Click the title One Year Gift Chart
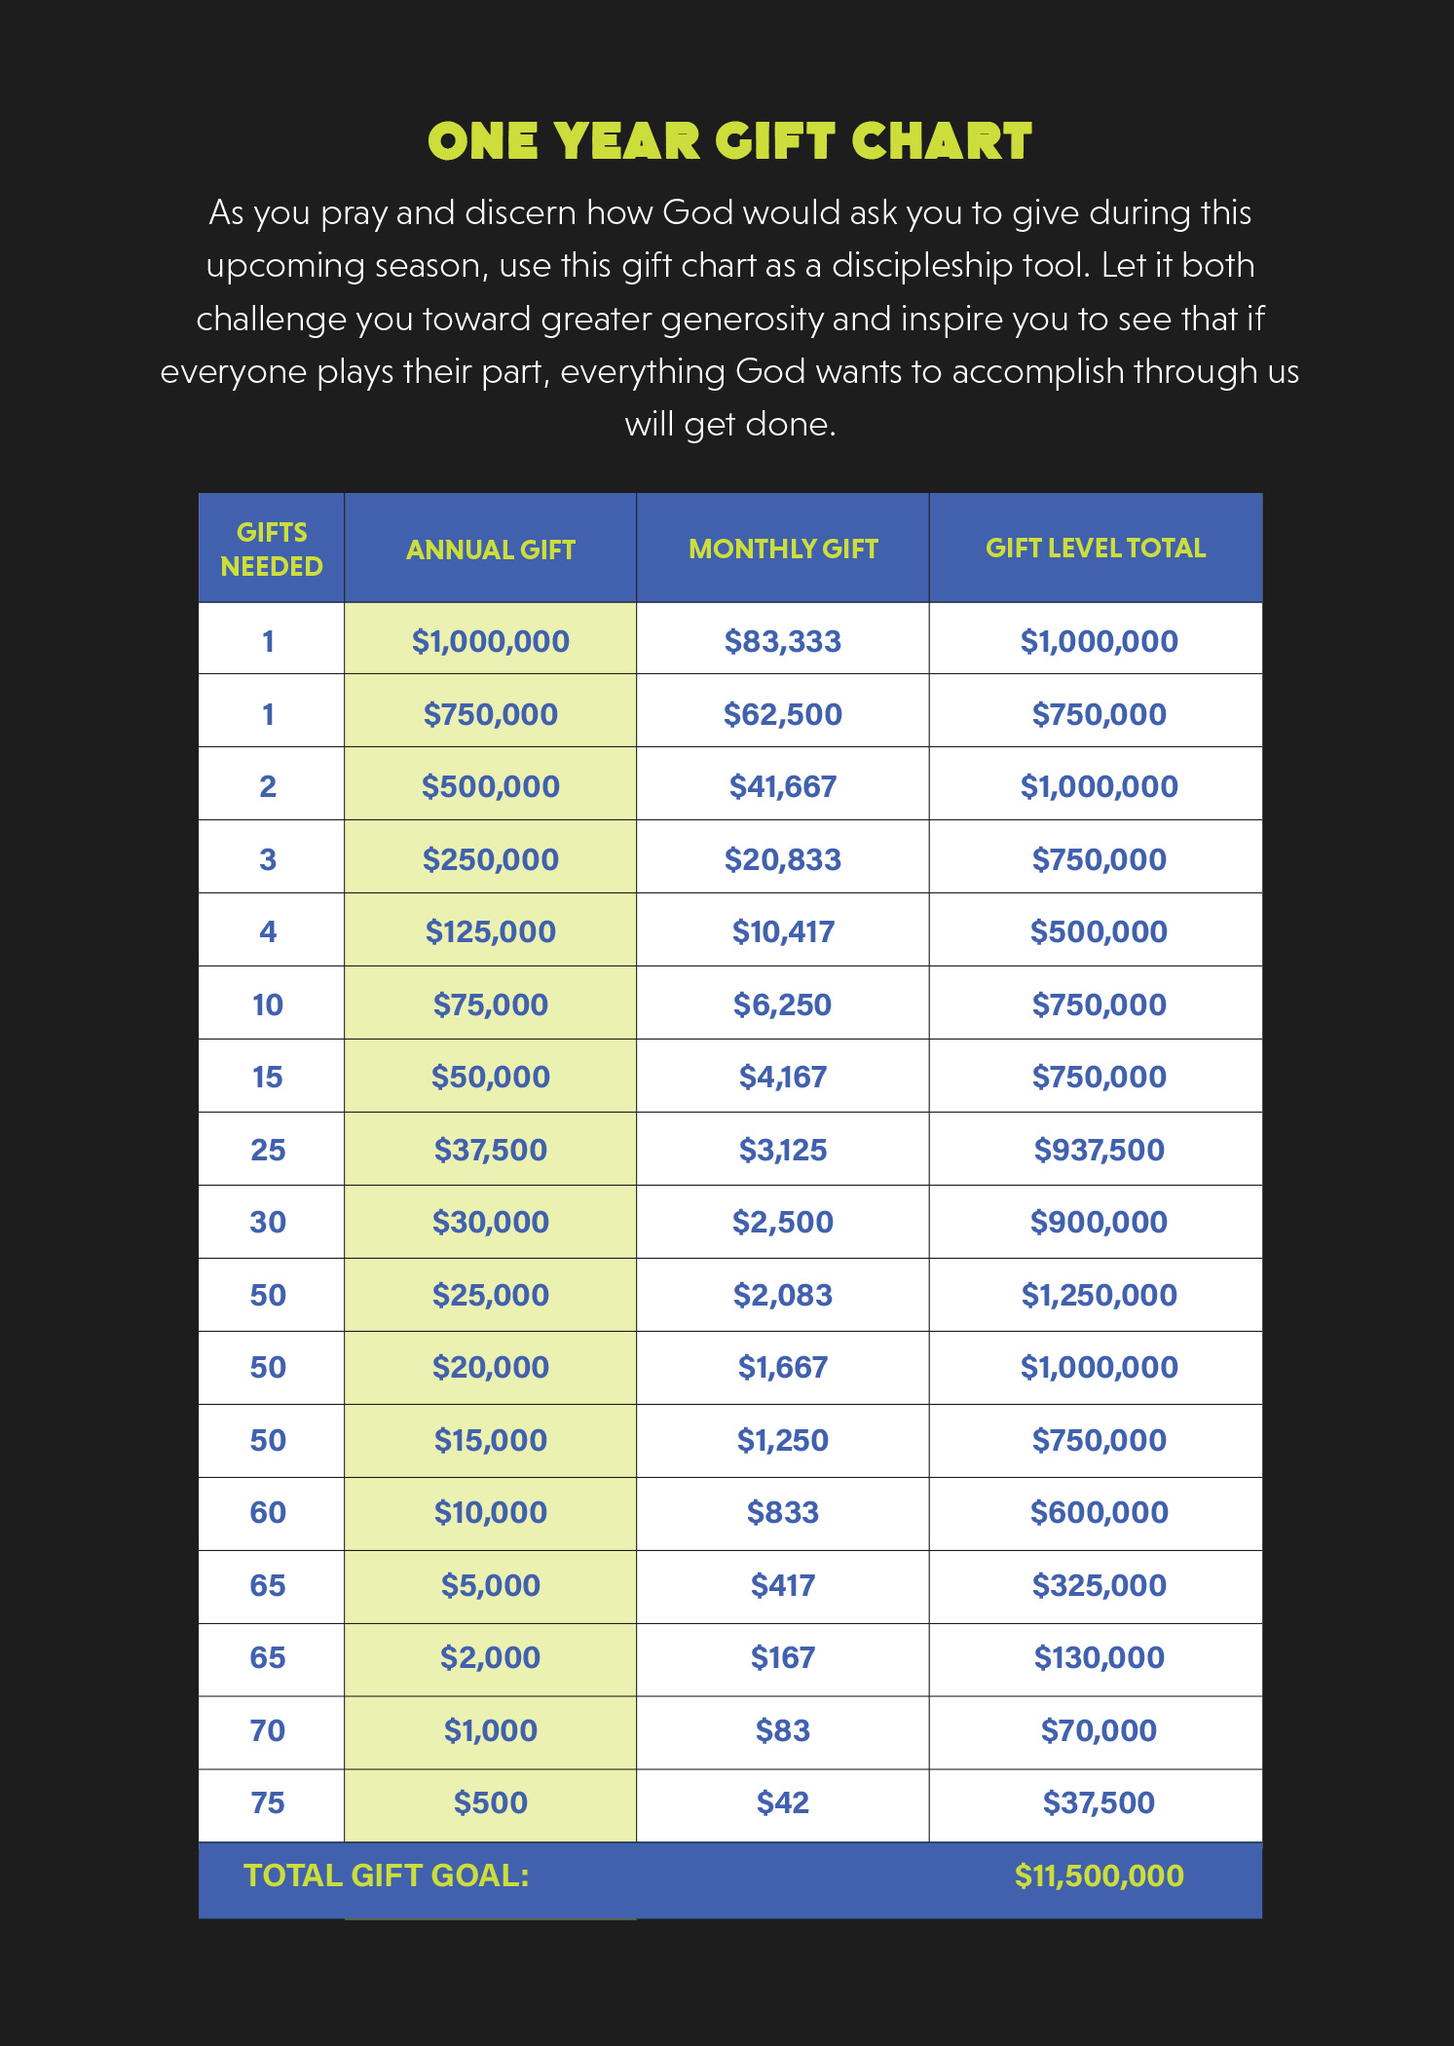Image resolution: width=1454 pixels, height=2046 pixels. click(x=729, y=141)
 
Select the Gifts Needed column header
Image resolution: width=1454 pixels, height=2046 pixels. click(x=271, y=549)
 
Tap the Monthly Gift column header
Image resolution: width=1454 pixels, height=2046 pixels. click(x=783, y=549)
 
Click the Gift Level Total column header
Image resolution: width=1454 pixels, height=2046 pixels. click(x=1096, y=549)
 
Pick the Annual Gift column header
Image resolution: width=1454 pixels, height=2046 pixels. click(x=490, y=550)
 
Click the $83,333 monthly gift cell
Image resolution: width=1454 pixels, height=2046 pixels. click(x=783, y=641)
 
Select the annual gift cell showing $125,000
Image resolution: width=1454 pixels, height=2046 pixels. click(x=490, y=931)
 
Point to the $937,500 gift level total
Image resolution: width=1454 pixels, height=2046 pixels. click(x=1099, y=1150)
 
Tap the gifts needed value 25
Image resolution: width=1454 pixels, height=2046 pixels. click(x=268, y=1150)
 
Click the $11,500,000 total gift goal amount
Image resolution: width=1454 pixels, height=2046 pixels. click(x=1099, y=1875)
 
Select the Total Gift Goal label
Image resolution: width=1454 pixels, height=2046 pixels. click(x=386, y=1875)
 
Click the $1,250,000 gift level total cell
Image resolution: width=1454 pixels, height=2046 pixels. click(x=1099, y=1295)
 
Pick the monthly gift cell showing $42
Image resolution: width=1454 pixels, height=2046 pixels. click(x=783, y=1802)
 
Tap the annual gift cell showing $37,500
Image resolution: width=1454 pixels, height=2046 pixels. click(x=490, y=1150)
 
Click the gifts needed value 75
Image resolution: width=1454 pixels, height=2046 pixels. click(x=268, y=1802)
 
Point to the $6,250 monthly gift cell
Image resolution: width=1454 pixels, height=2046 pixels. click(x=783, y=1004)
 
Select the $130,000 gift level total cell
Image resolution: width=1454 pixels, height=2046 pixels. click(x=1099, y=1657)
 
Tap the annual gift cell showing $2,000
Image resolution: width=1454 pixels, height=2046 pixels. click(x=490, y=1657)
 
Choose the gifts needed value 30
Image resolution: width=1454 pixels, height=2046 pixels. click(x=268, y=1222)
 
